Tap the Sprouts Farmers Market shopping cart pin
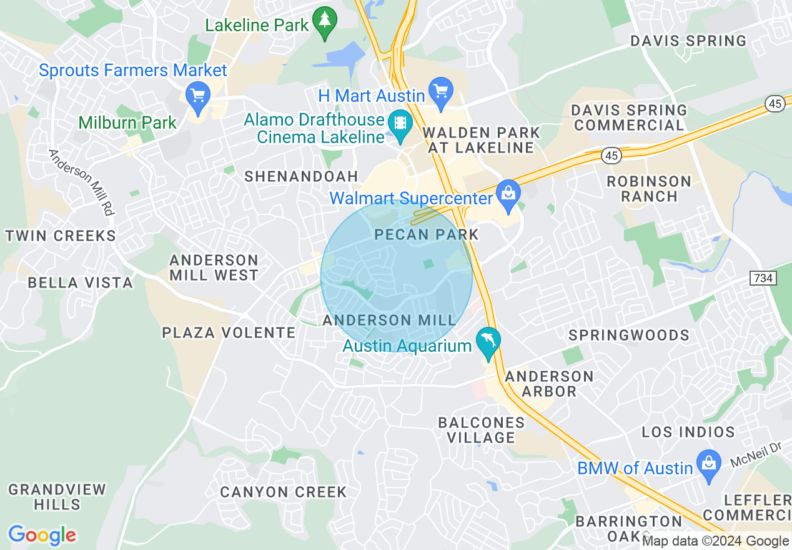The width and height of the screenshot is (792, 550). tap(199, 97)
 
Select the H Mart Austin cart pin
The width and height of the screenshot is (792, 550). tap(442, 92)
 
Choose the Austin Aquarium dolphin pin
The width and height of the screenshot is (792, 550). tap(488, 342)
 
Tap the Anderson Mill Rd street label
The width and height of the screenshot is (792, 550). tap(82, 182)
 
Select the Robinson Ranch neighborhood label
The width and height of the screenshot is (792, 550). tap(650, 189)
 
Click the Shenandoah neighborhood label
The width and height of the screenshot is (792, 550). tap(301, 176)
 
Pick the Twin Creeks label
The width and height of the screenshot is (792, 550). tap(61, 236)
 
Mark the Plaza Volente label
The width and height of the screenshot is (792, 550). tap(229, 332)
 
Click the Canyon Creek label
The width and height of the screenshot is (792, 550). tap(283, 492)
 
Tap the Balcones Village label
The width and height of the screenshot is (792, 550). tap(481, 430)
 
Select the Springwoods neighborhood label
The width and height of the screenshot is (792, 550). tap(629, 336)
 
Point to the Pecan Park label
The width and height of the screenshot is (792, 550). tap(427, 235)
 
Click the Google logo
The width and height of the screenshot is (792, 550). tap(42, 536)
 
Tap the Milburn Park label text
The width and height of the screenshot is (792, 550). tap(128, 122)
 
